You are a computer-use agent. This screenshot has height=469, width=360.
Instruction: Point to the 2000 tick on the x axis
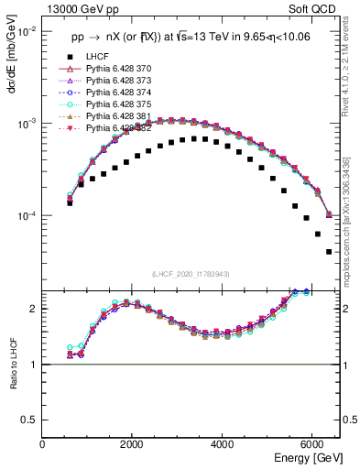(133, 444)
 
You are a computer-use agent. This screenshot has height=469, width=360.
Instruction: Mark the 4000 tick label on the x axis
(223, 444)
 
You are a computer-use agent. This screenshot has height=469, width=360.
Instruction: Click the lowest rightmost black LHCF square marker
(329, 252)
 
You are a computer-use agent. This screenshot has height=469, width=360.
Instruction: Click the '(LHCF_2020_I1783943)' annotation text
(190, 274)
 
